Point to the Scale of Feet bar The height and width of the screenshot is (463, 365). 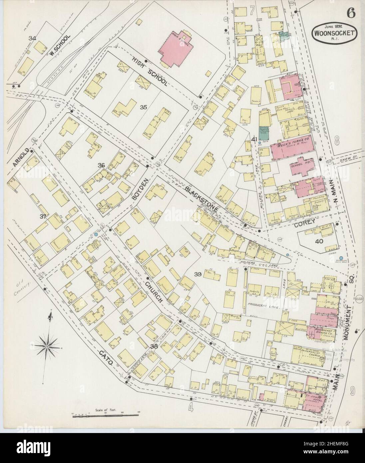(x=105, y=414)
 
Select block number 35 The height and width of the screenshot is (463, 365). (x=143, y=107)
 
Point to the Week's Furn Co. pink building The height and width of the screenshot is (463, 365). (x=292, y=147)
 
